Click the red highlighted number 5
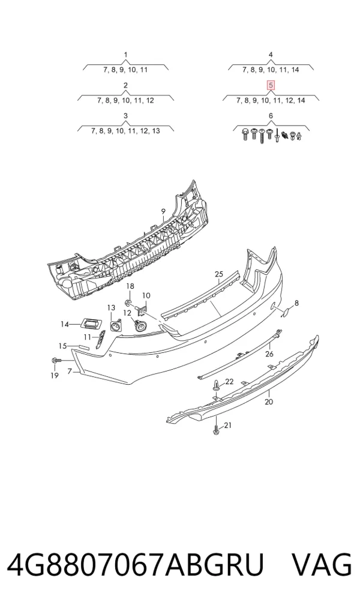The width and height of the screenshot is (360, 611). pos(271,85)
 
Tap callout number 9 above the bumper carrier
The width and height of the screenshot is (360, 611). pos(164,212)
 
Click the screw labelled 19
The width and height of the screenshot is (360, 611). pos(55,361)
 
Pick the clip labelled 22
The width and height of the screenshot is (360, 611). pos(216,386)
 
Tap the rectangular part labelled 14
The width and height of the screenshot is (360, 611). pos(91,323)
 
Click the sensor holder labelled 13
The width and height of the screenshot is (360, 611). pos(115,325)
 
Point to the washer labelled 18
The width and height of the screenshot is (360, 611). pos(128,302)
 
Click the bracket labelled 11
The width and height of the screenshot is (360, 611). pos(101,339)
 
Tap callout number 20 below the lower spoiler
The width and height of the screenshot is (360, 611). pos(269,402)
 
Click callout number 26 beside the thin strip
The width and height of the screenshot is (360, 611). pos(269,354)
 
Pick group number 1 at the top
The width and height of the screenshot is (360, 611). pos(125,55)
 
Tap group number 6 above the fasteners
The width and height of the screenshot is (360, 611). pos(271,116)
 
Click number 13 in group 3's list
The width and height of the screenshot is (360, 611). pos(155,131)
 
